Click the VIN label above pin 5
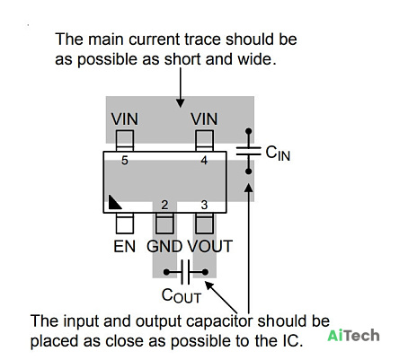pyautogui.click(x=125, y=119)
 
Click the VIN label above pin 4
pyautogui.click(x=204, y=119)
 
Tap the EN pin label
pyautogui.click(x=125, y=247)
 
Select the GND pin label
pyautogui.click(x=164, y=247)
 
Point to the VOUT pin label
pyautogui.click(x=210, y=247)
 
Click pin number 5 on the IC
pyautogui.click(x=125, y=161)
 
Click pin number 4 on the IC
pyautogui.click(x=204, y=161)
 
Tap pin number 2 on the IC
pyautogui.click(x=164, y=205)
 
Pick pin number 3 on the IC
pyautogui.click(x=204, y=205)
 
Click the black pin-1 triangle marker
pyautogui.click(x=113, y=203)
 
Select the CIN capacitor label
pyautogui.click(x=278, y=154)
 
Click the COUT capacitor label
pyautogui.click(x=182, y=295)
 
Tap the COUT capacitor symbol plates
pyautogui.click(x=185, y=272)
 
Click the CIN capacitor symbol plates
pyautogui.click(x=248, y=151)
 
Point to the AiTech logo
pyautogui.click(x=353, y=336)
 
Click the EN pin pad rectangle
pyautogui.click(x=125, y=224)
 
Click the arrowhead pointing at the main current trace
pyautogui.click(x=180, y=103)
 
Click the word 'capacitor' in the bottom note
pyautogui.click(x=220, y=322)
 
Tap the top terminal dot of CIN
pyautogui.click(x=248, y=131)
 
